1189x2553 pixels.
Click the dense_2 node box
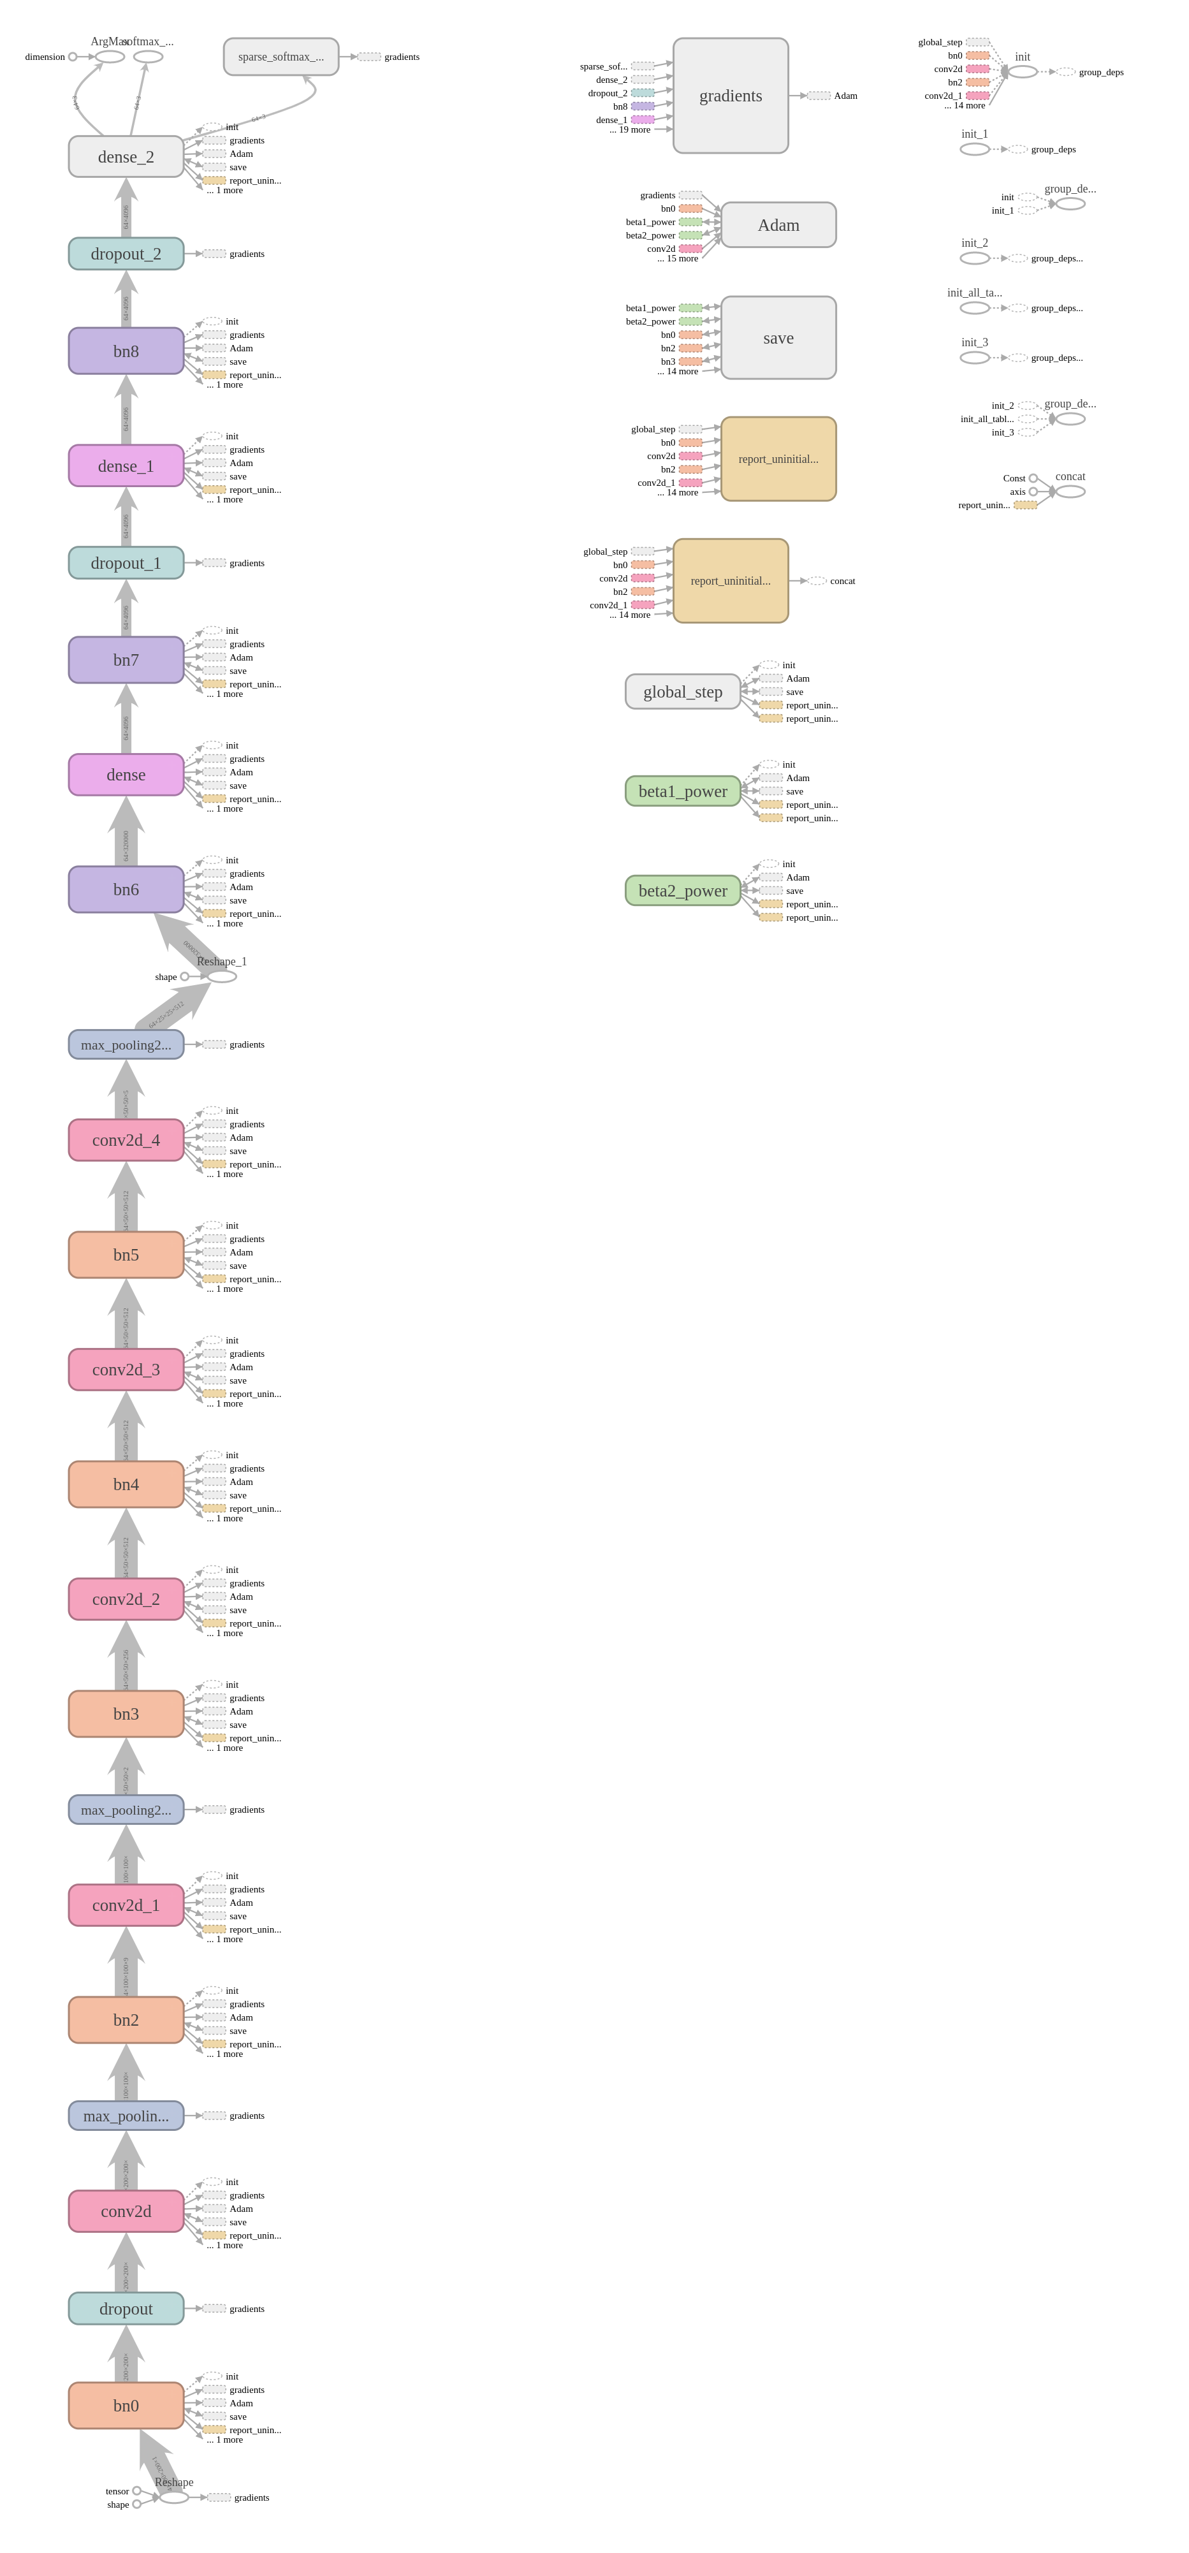tap(126, 157)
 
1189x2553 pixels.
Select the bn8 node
tap(126, 351)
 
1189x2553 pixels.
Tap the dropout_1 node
tap(126, 563)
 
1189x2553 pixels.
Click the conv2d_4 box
tap(126, 1140)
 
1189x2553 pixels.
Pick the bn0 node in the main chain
tap(126, 2405)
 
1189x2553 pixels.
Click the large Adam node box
tap(778, 225)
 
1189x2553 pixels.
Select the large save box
tap(778, 338)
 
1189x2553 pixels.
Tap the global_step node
tap(683, 692)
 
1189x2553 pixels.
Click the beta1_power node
tap(683, 791)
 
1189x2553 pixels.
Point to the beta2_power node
tap(683, 890)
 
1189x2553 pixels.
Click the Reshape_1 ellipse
tap(222, 976)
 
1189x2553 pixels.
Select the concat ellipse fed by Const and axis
tap(1070, 492)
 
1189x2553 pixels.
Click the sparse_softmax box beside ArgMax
tap(281, 57)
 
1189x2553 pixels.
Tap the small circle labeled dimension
tap(72, 57)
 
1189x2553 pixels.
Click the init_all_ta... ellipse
tap(975, 308)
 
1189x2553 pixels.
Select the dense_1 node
tap(126, 466)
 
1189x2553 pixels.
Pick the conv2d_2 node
tap(126, 1598)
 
